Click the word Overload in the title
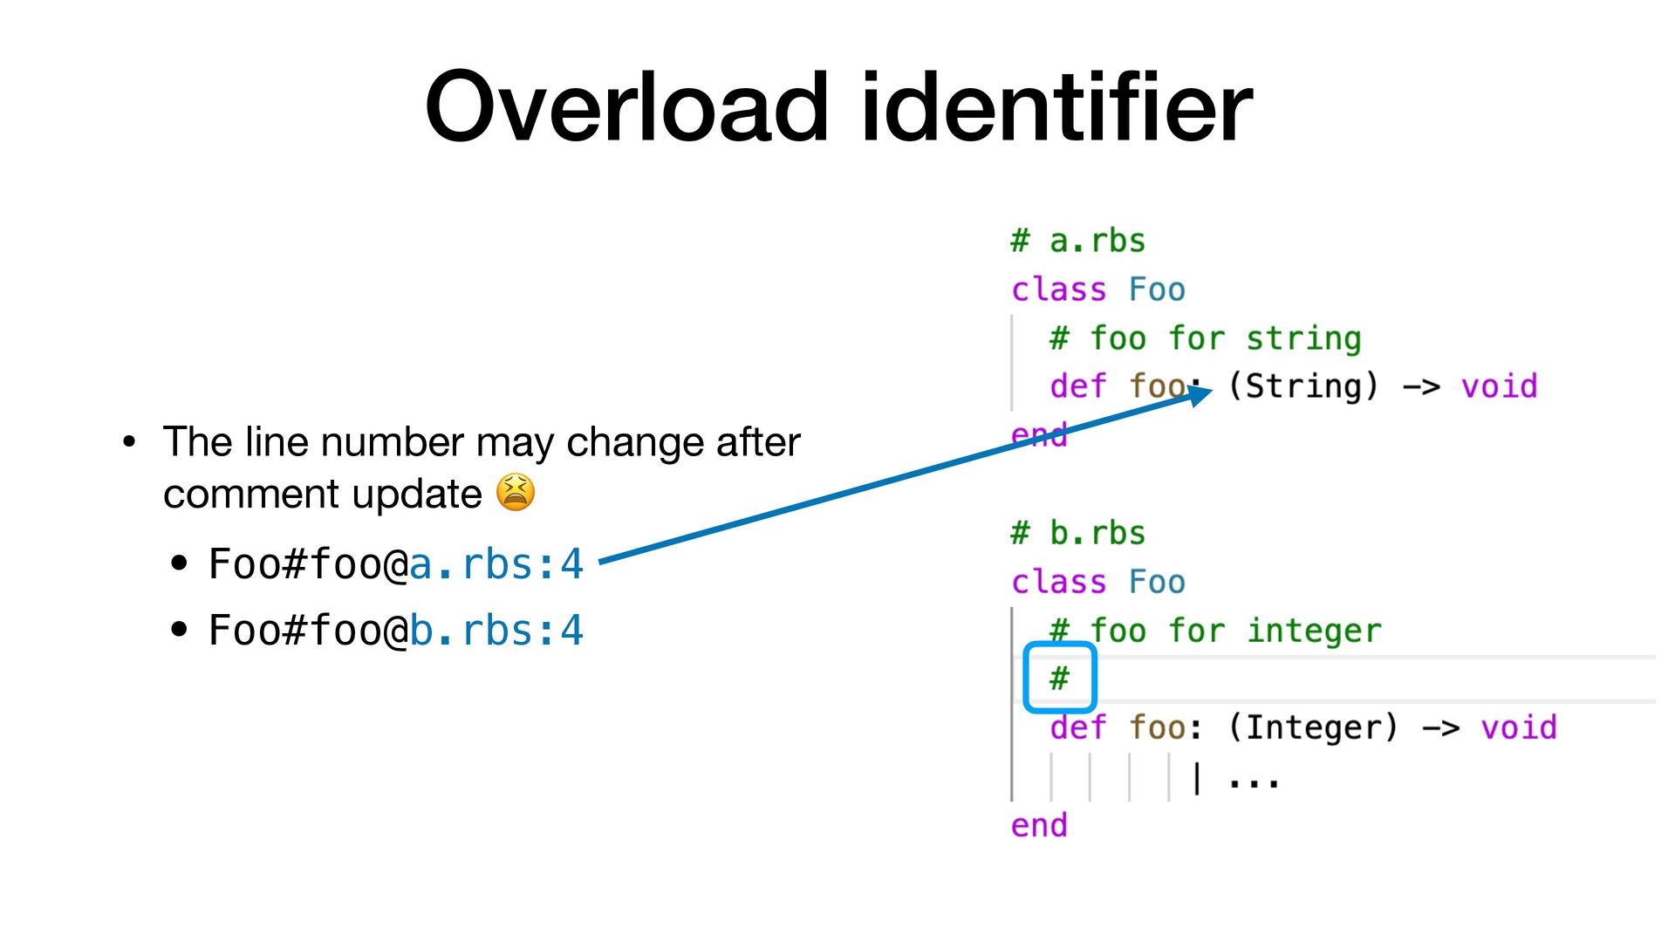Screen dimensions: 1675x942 [x=626, y=107]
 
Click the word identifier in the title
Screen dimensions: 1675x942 [x=1056, y=107]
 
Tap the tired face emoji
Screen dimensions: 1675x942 [x=516, y=493]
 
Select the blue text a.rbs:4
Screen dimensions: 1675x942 [x=496, y=564]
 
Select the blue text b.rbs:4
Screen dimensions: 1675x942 [x=496, y=631]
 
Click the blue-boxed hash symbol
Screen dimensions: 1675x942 [x=1059, y=678]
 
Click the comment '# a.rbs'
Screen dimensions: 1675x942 [x=1078, y=241]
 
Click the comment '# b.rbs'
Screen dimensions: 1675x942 [x=1078, y=533]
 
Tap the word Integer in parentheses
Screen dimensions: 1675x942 [x=1313, y=727]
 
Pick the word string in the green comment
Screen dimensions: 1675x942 [x=1302, y=338]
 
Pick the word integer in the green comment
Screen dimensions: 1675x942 [x=1314, y=631]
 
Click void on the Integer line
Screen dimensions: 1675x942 [x=1518, y=727]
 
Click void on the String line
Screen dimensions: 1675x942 [x=1499, y=386]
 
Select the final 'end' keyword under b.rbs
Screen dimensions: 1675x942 [x=1039, y=825]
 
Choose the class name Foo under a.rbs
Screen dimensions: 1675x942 [x=1157, y=290]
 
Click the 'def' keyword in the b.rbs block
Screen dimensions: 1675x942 [x=1078, y=727]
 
